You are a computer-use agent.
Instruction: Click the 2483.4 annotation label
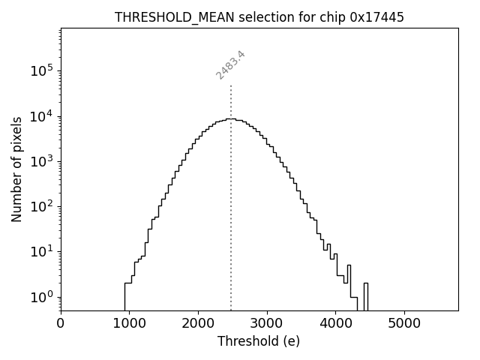(231, 64)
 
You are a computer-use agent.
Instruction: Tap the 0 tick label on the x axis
(61, 324)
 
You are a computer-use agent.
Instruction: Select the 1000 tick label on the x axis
(129, 324)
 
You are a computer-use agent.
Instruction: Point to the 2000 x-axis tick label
(198, 324)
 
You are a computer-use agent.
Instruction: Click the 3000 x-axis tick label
(267, 324)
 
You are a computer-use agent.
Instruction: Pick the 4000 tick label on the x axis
(335, 324)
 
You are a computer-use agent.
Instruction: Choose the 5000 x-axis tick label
(404, 324)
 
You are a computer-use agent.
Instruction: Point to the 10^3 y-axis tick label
(41, 160)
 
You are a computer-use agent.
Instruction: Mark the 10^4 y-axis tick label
(41, 115)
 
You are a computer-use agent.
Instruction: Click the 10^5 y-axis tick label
(41, 70)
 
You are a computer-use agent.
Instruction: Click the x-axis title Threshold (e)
(259, 341)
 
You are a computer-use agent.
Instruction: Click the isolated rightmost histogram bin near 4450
(365, 296)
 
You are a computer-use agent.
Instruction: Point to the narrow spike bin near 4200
(349, 285)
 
